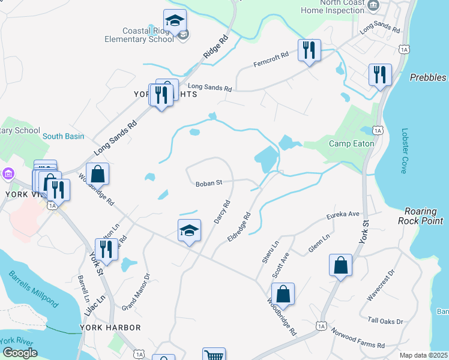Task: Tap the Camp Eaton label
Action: click(352, 143)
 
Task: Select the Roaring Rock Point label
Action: click(424, 216)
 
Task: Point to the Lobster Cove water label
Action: click(403, 151)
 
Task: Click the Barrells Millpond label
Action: click(34, 289)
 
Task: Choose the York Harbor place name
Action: click(110, 328)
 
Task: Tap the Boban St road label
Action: click(209, 182)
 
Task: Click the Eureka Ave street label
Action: click(343, 214)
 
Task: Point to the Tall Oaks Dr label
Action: click(386, 322)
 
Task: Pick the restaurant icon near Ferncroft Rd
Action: click(309, 50)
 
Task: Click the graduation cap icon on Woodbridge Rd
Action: click(188, 231)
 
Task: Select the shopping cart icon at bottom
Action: click(214, 355)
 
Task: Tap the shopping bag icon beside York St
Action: click(340, 266)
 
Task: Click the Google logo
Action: click(20, 353)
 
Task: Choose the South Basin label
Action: click(63, 136)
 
